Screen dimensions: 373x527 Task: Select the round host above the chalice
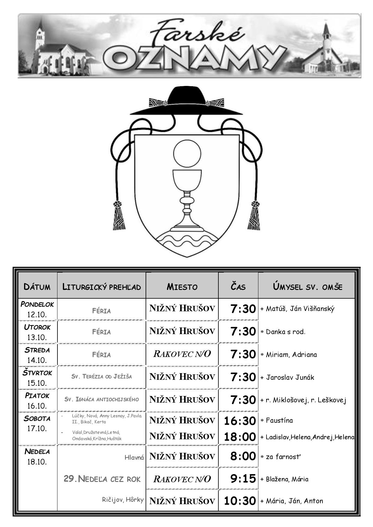pyautogui.click(x=187, y=154)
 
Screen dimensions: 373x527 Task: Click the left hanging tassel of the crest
pyautogui.click(x=119, y=215)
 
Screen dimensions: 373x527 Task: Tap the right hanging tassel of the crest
pyautogui.click(x=254, y=215)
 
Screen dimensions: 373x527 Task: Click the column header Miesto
pyautogui.click(x=182, y=287)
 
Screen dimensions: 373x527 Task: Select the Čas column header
pyautogui.click(x=238, y=286)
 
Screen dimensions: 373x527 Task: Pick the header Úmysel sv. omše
pyautogui.click(x=307, y=286)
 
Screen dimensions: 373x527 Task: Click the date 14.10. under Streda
pyautogui.click(x=37, y=360)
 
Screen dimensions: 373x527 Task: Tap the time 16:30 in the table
pyautogui.click(x=240, y=421)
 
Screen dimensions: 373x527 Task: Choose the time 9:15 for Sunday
pyautogui.click(x=243, y=479)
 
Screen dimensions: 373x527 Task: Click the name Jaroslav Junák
pyautogui.click(x=290, y=377)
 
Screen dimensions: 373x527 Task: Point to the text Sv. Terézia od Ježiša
pyautogui.click(x=102, y=376)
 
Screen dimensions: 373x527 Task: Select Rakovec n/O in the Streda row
pyautogui.click(x=182, y=354)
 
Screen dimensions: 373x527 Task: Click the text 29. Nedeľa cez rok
pyautogui.click(x=102, y=479)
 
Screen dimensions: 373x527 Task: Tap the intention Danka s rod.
pyautogui.click(x=286, y=332)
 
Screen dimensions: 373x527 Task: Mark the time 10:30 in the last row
pyautogui.click(x=240, y=501)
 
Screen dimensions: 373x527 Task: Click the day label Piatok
pyautogui.click(x=37, y=395)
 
